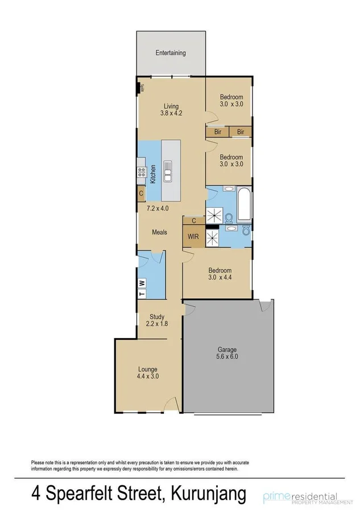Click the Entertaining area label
(171, 53)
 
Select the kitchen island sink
(168, 170)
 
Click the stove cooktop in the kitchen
(140, 171)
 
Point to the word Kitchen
(153, 174)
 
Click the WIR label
(193, 236)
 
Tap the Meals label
(159, 232)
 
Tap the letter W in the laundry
(142, 282)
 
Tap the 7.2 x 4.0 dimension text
(156, 209)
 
